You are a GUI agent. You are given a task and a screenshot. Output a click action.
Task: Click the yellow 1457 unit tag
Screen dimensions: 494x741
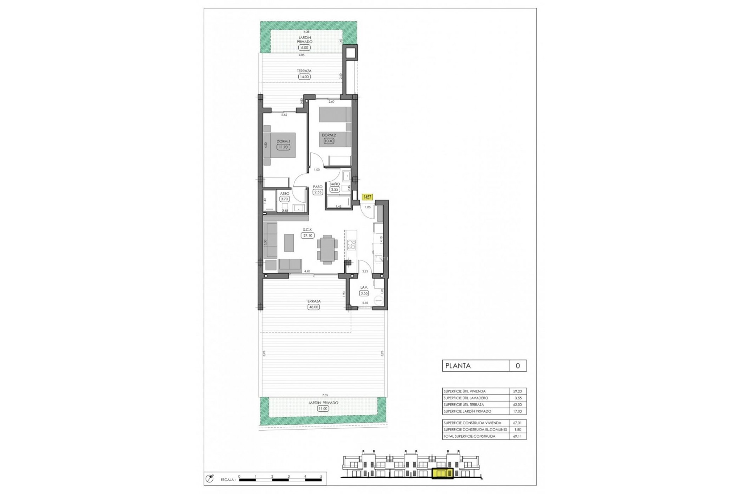[x=367, y=197]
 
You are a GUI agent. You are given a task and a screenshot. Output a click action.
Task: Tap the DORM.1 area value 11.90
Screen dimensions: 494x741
[x=283, y=147]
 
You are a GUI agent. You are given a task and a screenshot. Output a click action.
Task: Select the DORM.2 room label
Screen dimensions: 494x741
[x=329, y=135]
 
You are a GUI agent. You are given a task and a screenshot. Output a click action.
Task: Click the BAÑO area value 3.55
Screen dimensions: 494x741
[x=334, y=189]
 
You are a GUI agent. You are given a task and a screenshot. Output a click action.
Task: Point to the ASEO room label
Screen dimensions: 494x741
[x=284, y=194]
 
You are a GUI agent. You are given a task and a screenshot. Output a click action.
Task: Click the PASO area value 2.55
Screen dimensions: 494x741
[x=318, y=192]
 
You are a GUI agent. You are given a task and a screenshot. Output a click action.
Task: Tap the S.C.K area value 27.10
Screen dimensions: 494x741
[x=308, y=235]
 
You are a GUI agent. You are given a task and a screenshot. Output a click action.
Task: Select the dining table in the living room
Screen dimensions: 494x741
[x=327, y=249]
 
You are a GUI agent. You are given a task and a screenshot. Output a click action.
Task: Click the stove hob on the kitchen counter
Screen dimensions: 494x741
[x=351, y=245]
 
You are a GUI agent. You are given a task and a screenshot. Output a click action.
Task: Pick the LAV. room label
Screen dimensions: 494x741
[x=364, y=288]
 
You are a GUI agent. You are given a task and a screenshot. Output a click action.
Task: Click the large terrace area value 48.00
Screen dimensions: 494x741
[x=313, y=307]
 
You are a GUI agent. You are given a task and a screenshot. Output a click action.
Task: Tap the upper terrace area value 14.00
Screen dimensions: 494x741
[x=304, y=77]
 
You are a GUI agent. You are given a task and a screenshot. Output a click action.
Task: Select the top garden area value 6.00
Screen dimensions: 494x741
[x=304, y=48]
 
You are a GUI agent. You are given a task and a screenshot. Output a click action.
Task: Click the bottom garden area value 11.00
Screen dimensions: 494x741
[x=323, y=409]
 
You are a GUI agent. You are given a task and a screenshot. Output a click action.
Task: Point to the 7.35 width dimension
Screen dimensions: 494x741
[x=325, y=395]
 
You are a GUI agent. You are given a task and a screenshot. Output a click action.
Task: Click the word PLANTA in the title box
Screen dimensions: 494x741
[x=458, y=366]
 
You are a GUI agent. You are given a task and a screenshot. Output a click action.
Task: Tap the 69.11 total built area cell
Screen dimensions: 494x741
[x=517, y=436]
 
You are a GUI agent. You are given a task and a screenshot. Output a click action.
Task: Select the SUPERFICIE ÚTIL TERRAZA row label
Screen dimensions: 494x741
[x=464, y=405]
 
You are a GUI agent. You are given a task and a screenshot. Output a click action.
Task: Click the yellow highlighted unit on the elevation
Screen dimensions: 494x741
[x=443, y=473]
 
